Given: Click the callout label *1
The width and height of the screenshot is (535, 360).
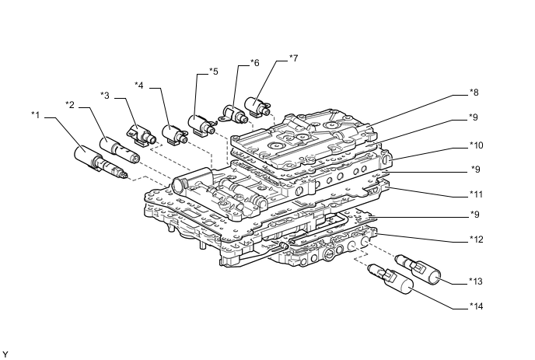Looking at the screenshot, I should click(x=35, y=116).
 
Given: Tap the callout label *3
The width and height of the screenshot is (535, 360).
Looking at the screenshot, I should click(x=105, y=95).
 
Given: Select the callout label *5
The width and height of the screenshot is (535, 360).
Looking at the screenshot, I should click(x=213, y=72).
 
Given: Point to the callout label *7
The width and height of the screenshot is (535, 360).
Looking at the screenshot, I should click(x=292, y=58).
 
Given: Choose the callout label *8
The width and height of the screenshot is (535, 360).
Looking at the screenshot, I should click(x=474, y=93).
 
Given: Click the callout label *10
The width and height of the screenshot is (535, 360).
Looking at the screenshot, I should click(x=477, y=145).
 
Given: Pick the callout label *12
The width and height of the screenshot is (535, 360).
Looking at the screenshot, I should click(x=477, y=239).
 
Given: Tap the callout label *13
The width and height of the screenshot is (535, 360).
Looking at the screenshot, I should click(x=477, y=280).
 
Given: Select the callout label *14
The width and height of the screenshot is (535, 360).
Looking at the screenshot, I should click(x=477, y=306).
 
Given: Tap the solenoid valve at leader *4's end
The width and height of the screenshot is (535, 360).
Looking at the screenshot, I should click(x=177, y=133).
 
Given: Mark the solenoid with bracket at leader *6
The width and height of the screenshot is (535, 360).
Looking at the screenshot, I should click(x=235, y=114).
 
